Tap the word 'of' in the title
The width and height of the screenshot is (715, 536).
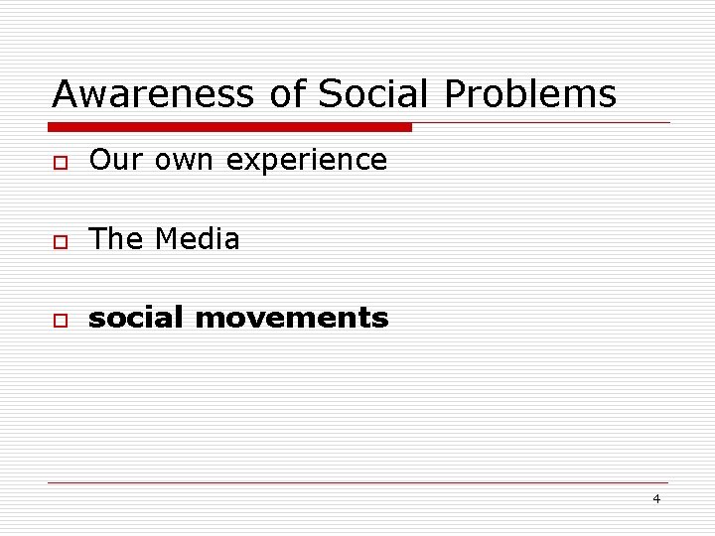click(x=288, y=95)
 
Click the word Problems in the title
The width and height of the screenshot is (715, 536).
click(x=529, y=95)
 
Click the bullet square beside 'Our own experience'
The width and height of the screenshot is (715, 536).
click(x=61, y=162)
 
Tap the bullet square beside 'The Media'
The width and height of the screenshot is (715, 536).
click(x=61, y=241)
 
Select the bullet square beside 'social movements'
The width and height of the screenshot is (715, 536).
click(x=61, y=321)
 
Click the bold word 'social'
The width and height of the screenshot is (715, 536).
click(x=136, y=318)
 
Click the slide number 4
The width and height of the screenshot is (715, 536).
click(x=656, y=498)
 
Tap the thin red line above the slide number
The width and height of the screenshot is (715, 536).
click(x=357, y=482)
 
